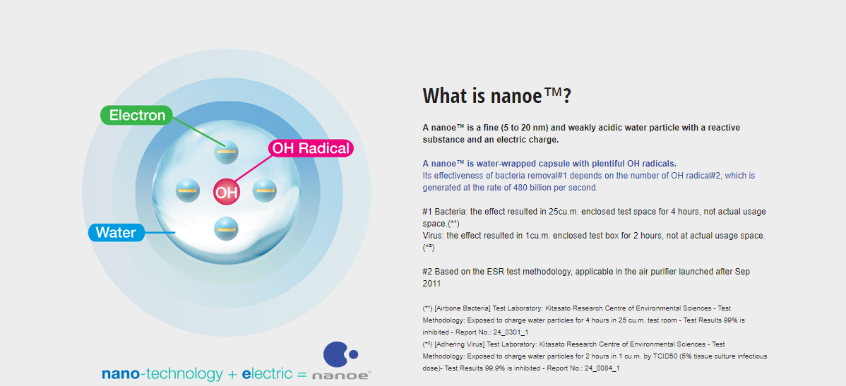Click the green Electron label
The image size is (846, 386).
pyautogui.click(x=137, y=115)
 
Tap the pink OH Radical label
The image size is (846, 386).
pyautogui.click(x=311, y=148)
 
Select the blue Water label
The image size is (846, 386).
pyautogui.click(x=116, y=232)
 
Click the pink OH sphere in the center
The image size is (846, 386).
pyautogui.click(x=226, y=191)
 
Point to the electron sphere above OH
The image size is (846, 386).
pyautogui.click(x=225, y=152)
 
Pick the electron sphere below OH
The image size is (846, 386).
pyautogui.click(x=225, y=229)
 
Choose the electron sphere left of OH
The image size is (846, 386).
pyautogui.click(x=188, y=191)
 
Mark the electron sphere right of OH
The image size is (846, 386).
pyautogui.click(x=264, y=191)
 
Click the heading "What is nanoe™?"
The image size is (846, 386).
pyautogui.click(x=497, y=96)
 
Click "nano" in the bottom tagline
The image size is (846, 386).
pyautogui.click(x=120, y=373)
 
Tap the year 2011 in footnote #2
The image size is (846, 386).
pyautogui.click(x=431, y=283)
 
